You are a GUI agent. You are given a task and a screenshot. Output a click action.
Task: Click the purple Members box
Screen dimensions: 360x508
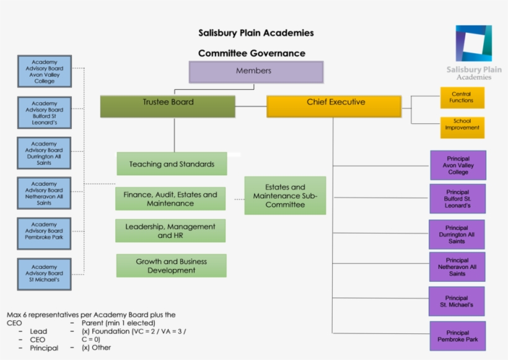[x=256, y=72]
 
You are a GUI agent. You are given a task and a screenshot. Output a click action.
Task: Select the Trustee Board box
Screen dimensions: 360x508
[x=168, y=106]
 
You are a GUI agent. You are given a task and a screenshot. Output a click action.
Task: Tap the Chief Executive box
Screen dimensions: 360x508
[x=334, y=106]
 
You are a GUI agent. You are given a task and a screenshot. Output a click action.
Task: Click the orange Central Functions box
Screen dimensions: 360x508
[x=462, y=97]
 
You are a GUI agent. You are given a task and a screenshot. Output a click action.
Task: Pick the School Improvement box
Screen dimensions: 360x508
[x=462, y=127]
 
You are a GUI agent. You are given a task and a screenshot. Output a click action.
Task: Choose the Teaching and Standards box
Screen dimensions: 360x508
[x=172, y=164]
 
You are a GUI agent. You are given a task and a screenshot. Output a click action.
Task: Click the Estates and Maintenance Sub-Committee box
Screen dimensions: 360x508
[x=285, y=195]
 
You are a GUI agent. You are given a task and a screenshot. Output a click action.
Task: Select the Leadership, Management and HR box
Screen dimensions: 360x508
[x=170, y=230]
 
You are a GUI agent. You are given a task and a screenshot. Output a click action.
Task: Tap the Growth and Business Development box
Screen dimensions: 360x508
[x=171, y=265]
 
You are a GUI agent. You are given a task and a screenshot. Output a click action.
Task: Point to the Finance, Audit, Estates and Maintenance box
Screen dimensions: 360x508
[x=170, y=199]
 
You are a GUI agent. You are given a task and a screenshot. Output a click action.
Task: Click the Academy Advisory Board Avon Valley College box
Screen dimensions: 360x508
[x=45, y=71]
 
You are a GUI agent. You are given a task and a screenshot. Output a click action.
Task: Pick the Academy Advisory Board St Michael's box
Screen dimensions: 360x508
[x=44, y=273]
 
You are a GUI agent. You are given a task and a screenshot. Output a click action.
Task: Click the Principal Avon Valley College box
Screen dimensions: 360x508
[x=458, y=165]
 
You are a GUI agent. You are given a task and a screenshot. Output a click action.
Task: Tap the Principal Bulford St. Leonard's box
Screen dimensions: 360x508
[x=457, y=198]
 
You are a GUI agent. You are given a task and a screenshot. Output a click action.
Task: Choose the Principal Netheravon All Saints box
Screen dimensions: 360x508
[x=457, y=266]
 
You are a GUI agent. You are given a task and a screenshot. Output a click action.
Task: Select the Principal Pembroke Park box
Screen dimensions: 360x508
[x=457, y=336]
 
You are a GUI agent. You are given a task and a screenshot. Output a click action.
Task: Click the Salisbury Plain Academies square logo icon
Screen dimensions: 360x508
[x=473, y=43]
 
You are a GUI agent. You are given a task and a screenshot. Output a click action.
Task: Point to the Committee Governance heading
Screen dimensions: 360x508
[x=252, y=53]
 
